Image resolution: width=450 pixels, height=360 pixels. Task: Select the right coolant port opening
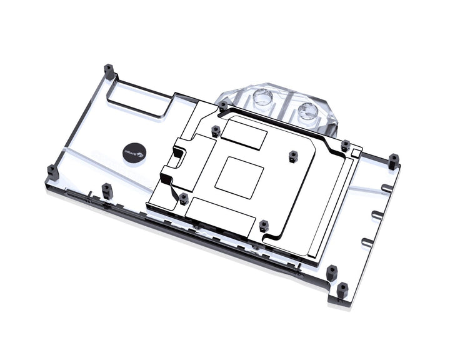(x=307, y=111)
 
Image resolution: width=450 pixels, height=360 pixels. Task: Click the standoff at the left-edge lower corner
(x=52, y=171)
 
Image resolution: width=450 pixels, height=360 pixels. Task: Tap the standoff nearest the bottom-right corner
(x=342, y=289)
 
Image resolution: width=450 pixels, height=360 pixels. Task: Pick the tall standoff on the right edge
(x=393, y=161)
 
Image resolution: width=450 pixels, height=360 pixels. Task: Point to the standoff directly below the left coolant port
(x=216, y=131)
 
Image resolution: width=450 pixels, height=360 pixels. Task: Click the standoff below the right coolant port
(x=345, y=146)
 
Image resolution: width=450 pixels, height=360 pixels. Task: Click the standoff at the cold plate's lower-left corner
(x=183, y=199)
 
